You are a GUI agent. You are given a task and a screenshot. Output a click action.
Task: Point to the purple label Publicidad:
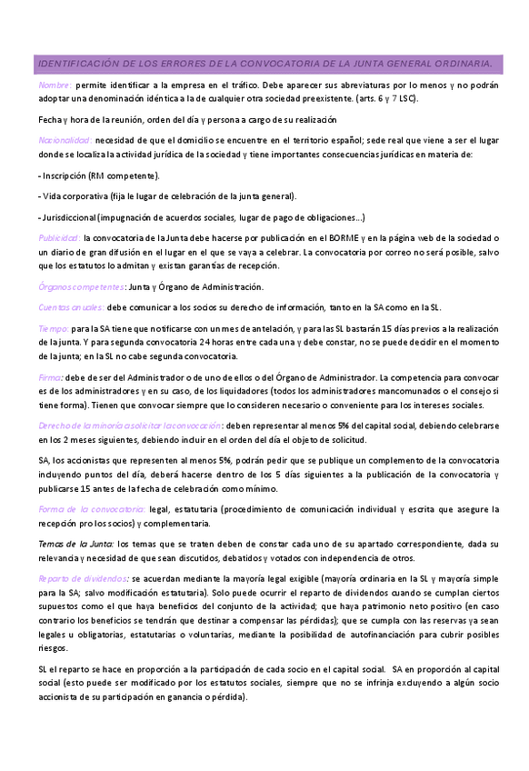[x=59, y=236]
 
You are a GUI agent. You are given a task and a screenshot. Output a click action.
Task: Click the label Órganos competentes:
[x=75, y=287]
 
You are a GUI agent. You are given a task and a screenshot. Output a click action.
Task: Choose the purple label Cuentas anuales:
[x=72, y=307]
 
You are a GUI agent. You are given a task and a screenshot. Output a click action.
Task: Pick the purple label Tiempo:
[x=53, y=327]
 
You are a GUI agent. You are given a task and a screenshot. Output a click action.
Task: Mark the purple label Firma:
[x=51, y=376]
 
